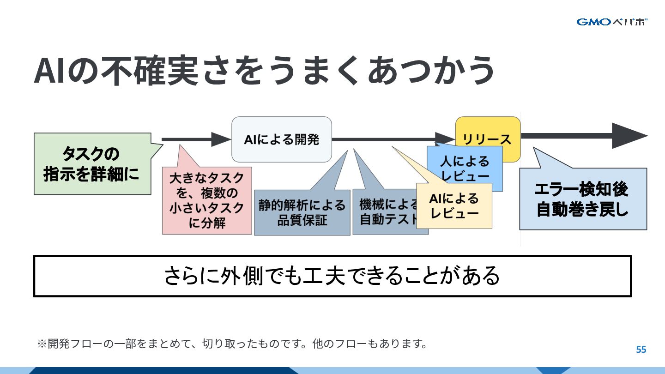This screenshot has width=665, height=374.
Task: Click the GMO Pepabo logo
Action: (x=612, y=22)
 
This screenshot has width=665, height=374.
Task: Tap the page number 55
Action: (x=641, y=350)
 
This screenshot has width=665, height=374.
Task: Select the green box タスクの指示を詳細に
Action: (x=91, y=164)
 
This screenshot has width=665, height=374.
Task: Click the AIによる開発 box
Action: (x=281, y=139)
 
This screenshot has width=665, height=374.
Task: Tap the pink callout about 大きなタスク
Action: (x=206, y=200)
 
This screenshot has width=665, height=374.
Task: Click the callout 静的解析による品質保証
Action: (x=302, y=212)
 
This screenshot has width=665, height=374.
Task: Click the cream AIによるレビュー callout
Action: (x=454, y=206)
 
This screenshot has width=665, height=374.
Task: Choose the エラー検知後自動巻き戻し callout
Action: (x=582, y=199)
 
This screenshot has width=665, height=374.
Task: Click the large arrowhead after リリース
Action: (x=629, y=136)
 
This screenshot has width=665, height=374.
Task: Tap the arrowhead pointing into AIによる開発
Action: (x=221, y=139)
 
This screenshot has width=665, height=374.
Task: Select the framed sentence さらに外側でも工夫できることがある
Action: (x=332, y=276)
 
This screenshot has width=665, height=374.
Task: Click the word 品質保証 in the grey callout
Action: (x=302, y=220)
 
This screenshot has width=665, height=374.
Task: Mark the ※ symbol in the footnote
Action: (x=42, y=344)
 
